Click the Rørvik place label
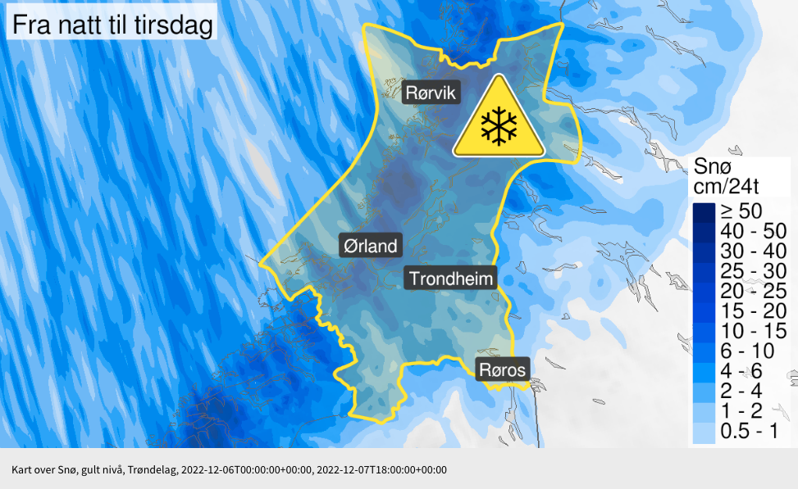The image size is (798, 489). point(432,92)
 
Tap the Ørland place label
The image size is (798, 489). point(369,245)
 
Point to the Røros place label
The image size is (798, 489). point(502,369)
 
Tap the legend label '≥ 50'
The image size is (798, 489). point(741,211)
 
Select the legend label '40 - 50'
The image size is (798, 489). point(749,231)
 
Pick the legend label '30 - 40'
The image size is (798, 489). point(749,251)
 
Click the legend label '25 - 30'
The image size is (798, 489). point(749,271)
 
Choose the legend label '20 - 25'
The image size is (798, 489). point(749,291)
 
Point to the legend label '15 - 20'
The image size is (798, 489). point(749,311)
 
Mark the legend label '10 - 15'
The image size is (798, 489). point(749,331)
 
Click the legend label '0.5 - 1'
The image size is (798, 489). point(749,432)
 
